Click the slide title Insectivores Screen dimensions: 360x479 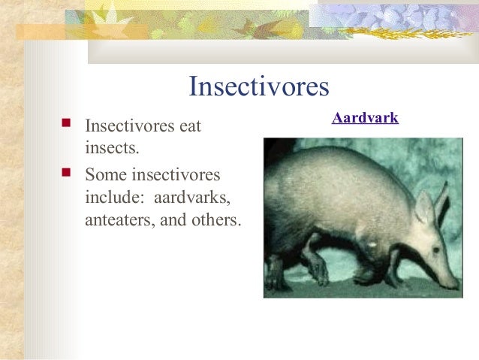[259, 86]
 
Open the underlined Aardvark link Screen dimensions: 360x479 [365, 118]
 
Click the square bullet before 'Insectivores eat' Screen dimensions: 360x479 [66, 123]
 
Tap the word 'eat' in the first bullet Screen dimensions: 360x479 [188, 126]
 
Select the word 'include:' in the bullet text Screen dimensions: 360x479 [112, 198]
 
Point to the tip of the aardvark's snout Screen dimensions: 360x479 [456, 286]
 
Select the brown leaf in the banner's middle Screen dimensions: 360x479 [255, 27]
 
